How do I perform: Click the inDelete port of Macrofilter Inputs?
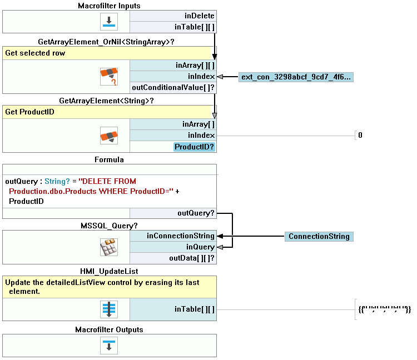point(198,16)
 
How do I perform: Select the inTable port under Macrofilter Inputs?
point(194,27)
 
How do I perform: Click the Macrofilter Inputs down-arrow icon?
point(109,22)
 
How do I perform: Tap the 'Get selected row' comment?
point(35,53)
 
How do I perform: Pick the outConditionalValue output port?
point(172,87)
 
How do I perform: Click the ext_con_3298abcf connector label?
point(296,77)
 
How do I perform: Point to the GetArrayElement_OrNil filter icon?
point(109,77)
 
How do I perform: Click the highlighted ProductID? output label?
point(194,147)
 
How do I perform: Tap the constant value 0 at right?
point(360,135)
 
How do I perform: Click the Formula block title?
point(109,159)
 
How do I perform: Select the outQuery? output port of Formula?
point(196,213)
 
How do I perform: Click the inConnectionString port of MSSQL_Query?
point(180,236)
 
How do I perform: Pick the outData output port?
point(192,258)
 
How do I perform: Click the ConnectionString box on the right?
point(319,237)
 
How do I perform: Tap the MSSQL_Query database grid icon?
point(109,247)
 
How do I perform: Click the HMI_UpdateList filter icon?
point(109,309)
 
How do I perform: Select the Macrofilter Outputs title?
point(109,329)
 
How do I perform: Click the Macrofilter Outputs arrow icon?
point(109,345)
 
